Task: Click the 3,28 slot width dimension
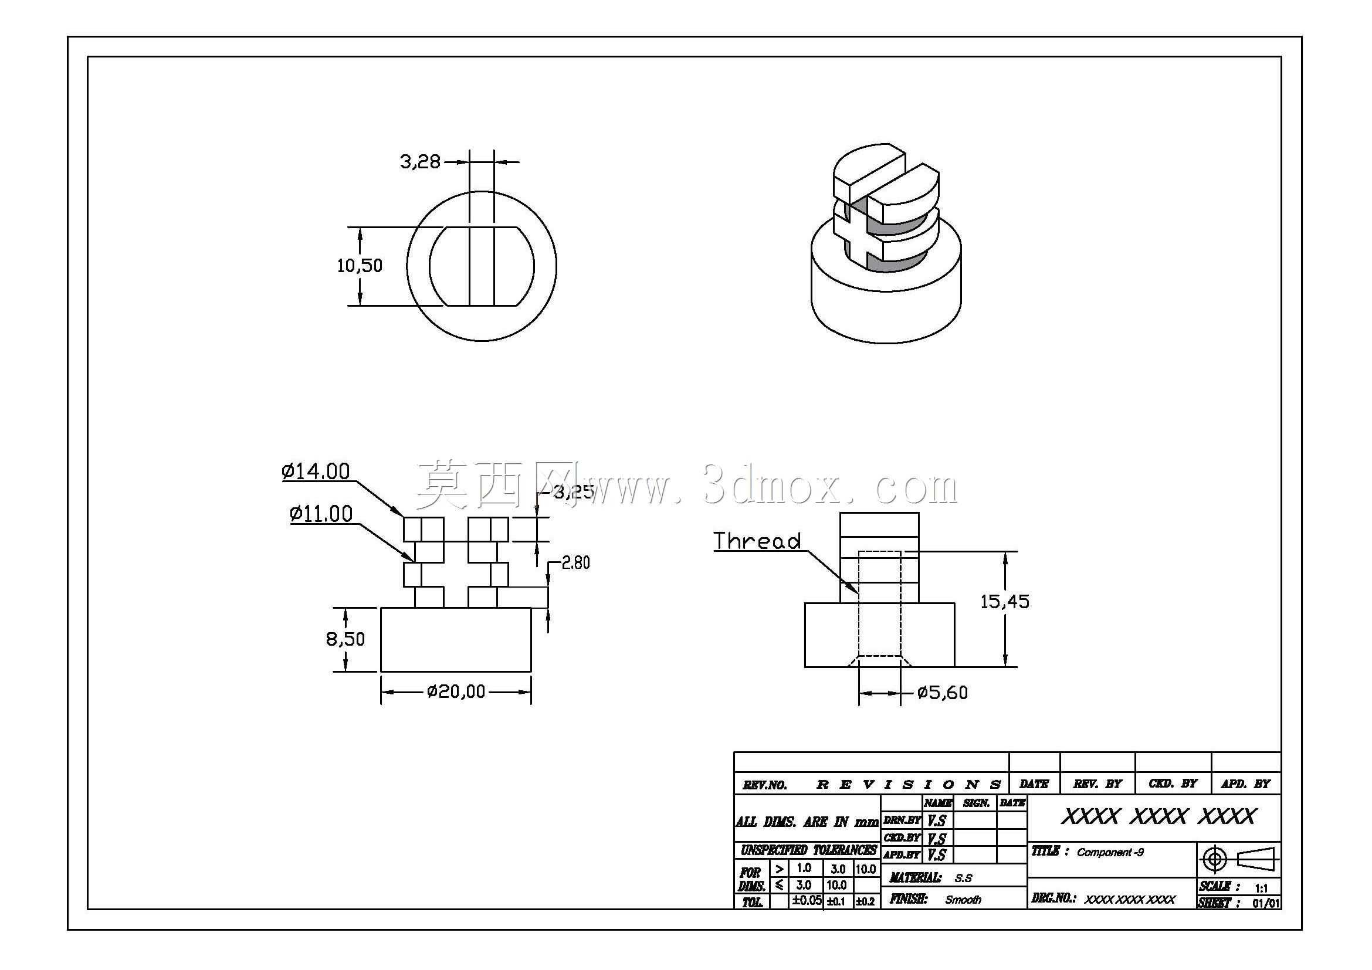[420, 161]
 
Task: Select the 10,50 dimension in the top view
[360, 265]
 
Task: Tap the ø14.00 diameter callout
[316, 472]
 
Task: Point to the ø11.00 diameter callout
[321, 514]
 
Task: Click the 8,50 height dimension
[345, 639]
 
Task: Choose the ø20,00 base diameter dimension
[456, 691]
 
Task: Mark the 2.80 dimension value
[575, 562]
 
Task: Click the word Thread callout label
[757, 541]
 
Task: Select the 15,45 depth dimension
[1005, 602]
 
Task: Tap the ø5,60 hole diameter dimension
[943, 693]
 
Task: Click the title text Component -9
[1110, 852]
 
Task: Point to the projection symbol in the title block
[1238, 860]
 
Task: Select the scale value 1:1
[1262, 888]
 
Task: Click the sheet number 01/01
[1266, 904]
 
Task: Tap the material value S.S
[963, 878]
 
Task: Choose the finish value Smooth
[963, 900]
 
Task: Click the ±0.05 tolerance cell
[807, 901]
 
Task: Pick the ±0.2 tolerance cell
[866, 901]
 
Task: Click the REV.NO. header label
[765, 785]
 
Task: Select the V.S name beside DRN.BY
[937, 820]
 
